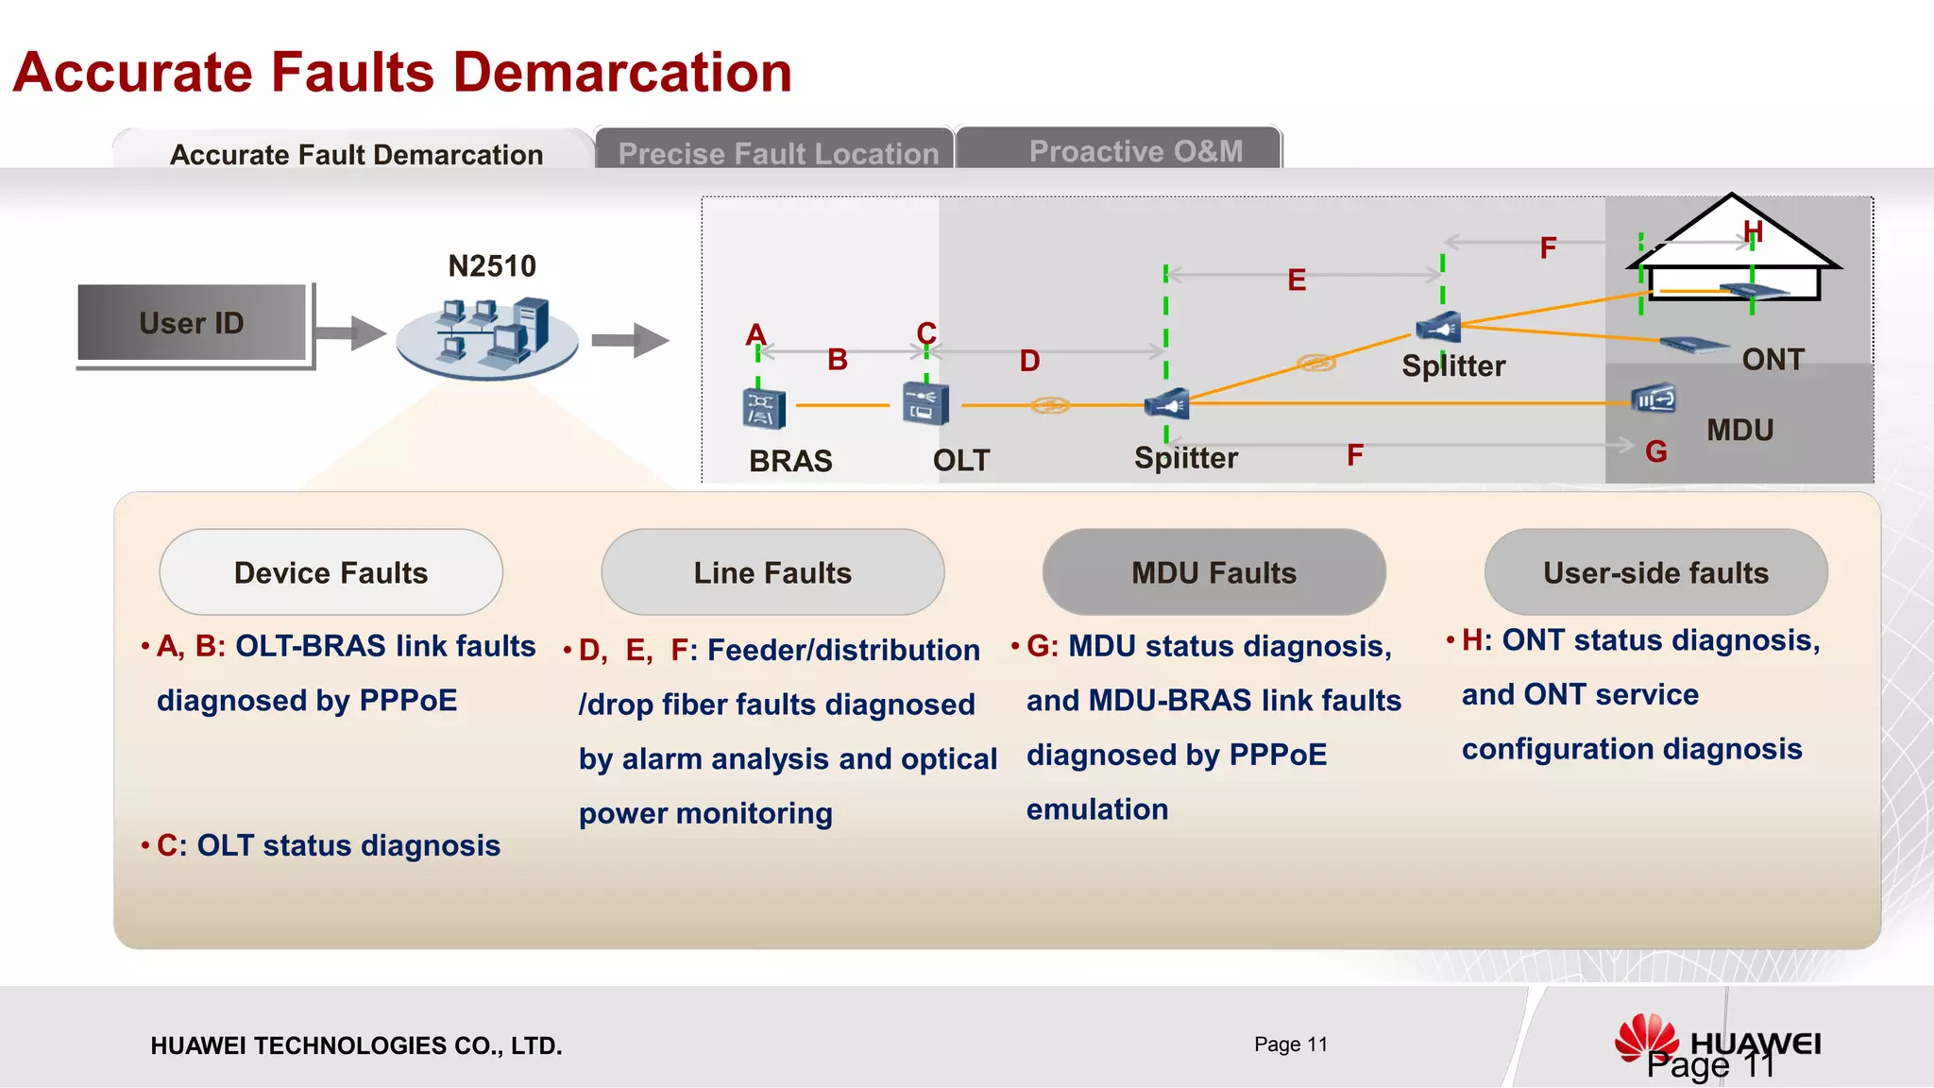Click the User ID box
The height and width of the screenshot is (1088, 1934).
tap(192, 323)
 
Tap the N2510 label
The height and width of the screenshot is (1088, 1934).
tap(492, 266)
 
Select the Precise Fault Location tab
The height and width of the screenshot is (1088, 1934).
tap(777, 152)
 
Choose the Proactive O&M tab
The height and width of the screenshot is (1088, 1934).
tap(1136, 151)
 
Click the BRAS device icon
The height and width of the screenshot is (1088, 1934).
tap(764, 407)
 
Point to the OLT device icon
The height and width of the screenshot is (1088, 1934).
tap(925, 404)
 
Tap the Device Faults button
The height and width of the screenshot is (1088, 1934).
tap(331, 572)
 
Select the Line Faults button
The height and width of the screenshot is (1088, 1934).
tap(772, 572)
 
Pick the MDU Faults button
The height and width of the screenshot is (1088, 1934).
tap(1213, 572)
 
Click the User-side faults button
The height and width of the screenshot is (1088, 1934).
tap(1655, 572)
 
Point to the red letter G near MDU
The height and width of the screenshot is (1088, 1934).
tap(1656, 451)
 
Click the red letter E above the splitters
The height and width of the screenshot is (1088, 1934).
tap(1297, 280)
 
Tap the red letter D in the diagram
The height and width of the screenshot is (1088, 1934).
tap(1029, 361)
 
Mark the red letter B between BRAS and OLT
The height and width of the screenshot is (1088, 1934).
tap(838, 360)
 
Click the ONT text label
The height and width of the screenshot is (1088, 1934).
tap(1773, 360)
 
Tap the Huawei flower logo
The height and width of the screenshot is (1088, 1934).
tap(1646, 1038)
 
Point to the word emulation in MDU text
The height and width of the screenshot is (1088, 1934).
tap(1097, 809)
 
